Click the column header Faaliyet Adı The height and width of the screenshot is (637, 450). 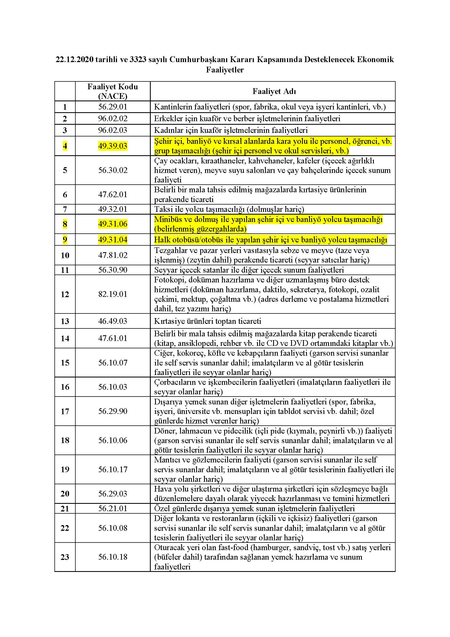coord(274,91)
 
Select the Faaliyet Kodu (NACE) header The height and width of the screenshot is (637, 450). coord(113,91)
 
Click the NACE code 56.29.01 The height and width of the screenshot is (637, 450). coord(113,107)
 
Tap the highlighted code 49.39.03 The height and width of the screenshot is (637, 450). coord(113,146)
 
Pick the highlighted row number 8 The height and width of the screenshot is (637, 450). coord(65,224)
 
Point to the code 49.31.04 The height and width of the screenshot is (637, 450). coord(113,240)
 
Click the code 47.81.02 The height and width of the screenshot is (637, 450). coord(113,255)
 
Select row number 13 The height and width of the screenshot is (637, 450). coord(65,321)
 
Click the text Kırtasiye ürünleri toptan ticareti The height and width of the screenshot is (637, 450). coord(208,321)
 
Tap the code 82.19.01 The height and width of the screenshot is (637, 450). coord(113,294)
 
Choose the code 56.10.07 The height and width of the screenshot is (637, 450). coord(113,362)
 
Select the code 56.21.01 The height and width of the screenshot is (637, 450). coord(113,508)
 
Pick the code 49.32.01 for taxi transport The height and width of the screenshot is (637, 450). coord(113,209)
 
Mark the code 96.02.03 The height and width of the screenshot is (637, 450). coord(113,130)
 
